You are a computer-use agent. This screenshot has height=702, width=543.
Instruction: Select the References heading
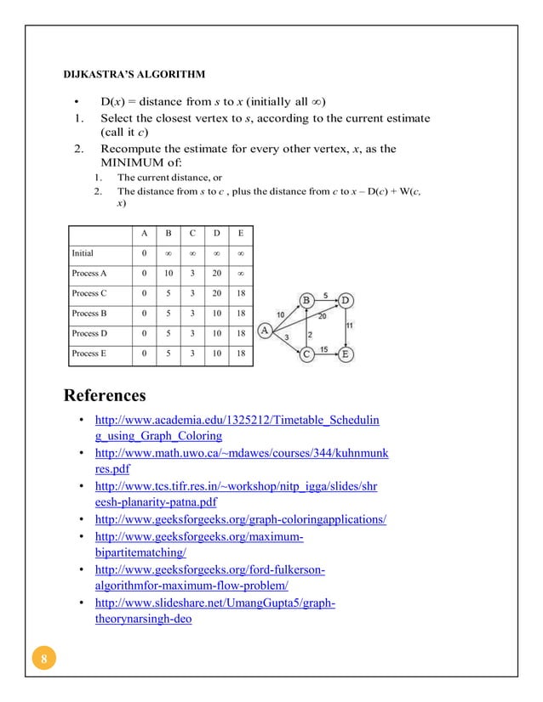coord(105,395)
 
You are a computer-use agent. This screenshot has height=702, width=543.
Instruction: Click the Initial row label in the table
coord(83,253)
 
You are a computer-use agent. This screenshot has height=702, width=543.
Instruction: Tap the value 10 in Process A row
coord(169,274)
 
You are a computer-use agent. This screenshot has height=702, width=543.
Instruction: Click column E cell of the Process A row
coord(242,274)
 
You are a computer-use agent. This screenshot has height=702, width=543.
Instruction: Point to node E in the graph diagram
coord(345,354)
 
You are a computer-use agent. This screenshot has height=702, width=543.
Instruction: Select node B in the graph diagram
coord(306,300)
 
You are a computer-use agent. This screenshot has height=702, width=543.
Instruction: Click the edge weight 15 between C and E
coord(324,348)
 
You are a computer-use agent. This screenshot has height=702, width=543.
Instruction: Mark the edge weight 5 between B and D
coord(326,294)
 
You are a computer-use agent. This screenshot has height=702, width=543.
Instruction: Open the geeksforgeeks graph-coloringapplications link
coord(241,519)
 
